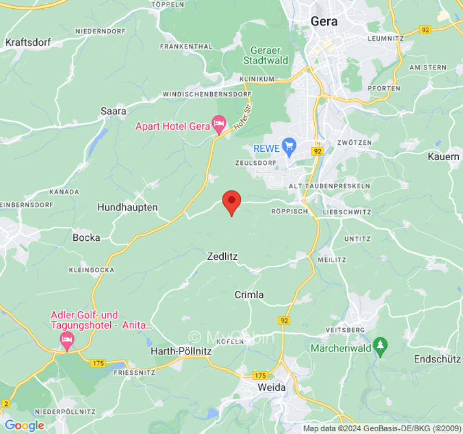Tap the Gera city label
[x=324, y=22]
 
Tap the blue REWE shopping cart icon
[x=289, y=146]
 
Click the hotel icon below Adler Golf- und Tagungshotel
[x=67, y=341]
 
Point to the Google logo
[x=24, y=426]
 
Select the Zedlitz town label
[x=223, y=256]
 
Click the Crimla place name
[x=249, y=295]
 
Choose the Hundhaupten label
[x=127, y=207]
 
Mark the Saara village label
[x=113, y=111]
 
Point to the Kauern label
[x=443, y=156]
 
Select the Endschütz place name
[x=437, y=359]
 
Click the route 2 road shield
[x=6, y=403]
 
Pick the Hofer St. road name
[x=244, y=117]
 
